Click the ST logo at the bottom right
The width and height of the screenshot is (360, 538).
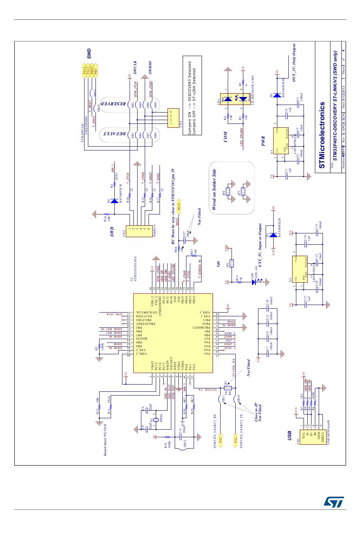[333, 502]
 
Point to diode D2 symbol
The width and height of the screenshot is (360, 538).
[113, 201]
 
